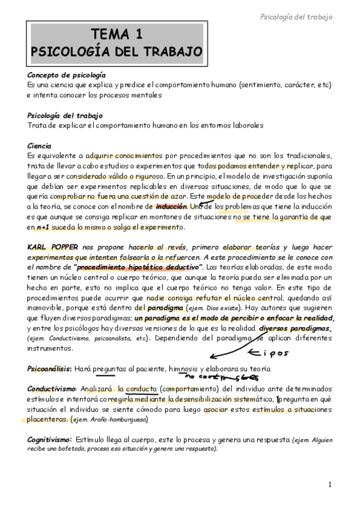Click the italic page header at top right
295,17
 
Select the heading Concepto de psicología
67,76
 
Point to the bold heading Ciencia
40,146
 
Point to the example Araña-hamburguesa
123,419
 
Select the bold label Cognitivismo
50,440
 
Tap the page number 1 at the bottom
330,485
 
